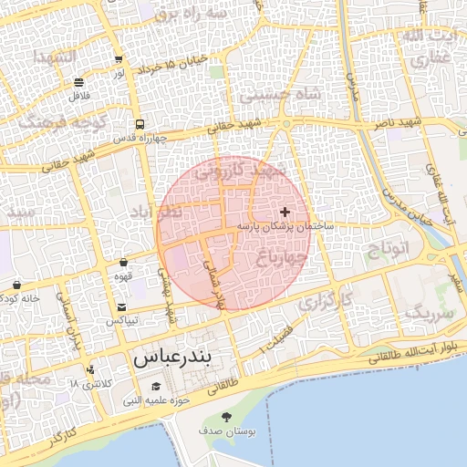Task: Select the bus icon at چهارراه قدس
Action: (140, 124)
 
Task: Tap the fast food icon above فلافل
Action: (79, 81)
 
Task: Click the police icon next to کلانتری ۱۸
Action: (90, 370)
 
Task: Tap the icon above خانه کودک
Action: (17, 285)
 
